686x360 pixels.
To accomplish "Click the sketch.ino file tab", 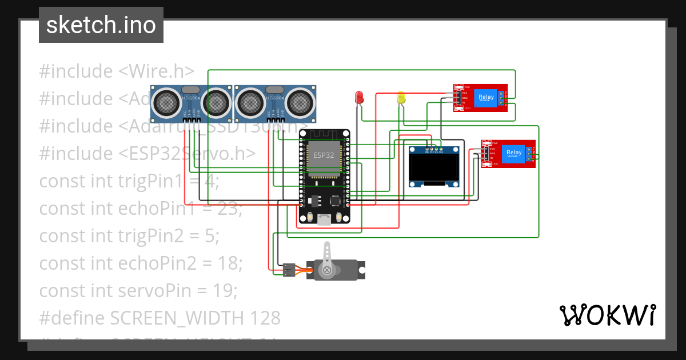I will click(101, 25).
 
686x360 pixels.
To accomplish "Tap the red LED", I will click(360, 97).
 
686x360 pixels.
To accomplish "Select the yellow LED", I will click(401, 98).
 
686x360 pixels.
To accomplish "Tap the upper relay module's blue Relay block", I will click(486, 97).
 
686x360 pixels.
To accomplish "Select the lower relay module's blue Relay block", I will click(514, 153).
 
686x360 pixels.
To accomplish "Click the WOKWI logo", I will click(607, 315).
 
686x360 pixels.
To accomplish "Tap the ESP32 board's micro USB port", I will click(324, 219).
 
